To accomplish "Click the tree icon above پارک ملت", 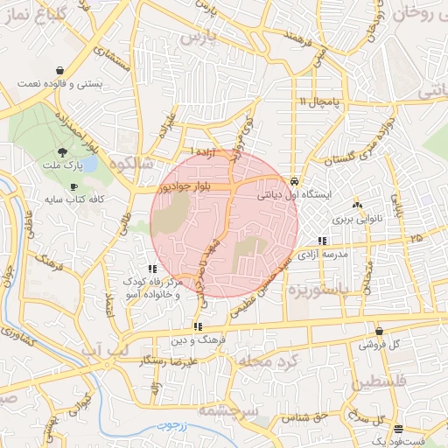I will pyautogui.click(x=60, y=152).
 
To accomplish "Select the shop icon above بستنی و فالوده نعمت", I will pyautogui.click(x=59, y=70).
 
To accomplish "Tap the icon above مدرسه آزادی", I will pyautogui.click(x=323, y=241).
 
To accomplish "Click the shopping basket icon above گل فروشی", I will pyautogui.click(x=379, y=332).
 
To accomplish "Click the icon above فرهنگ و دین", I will pyautogui.click(x=185, y=327).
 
